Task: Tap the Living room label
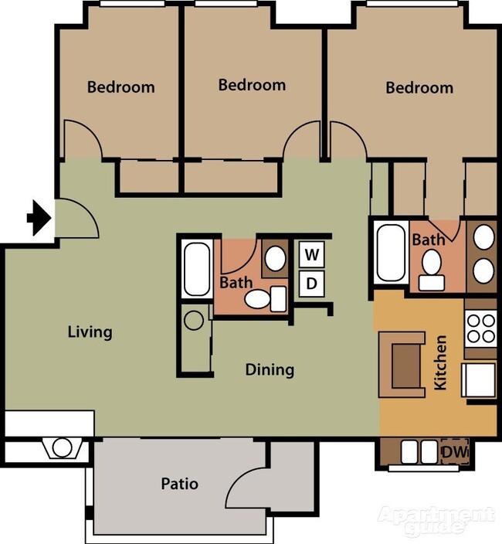[90, 332]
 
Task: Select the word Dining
[270, 369]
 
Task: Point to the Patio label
[179, 484]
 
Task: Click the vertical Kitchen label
[440, 362]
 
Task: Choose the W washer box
[311, 253]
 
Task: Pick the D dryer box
[311, 283]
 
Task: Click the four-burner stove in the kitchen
[480, 328]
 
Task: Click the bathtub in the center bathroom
[197, 269]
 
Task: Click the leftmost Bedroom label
[120, 87]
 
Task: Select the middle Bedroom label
[252, 84]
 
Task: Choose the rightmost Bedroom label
[419, 87]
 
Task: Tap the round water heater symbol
[193, 318]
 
